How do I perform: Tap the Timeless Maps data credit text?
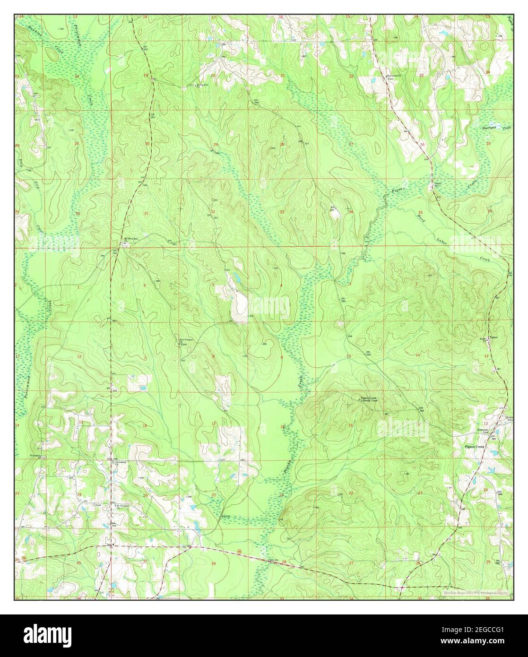click(x=475, y=592)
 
